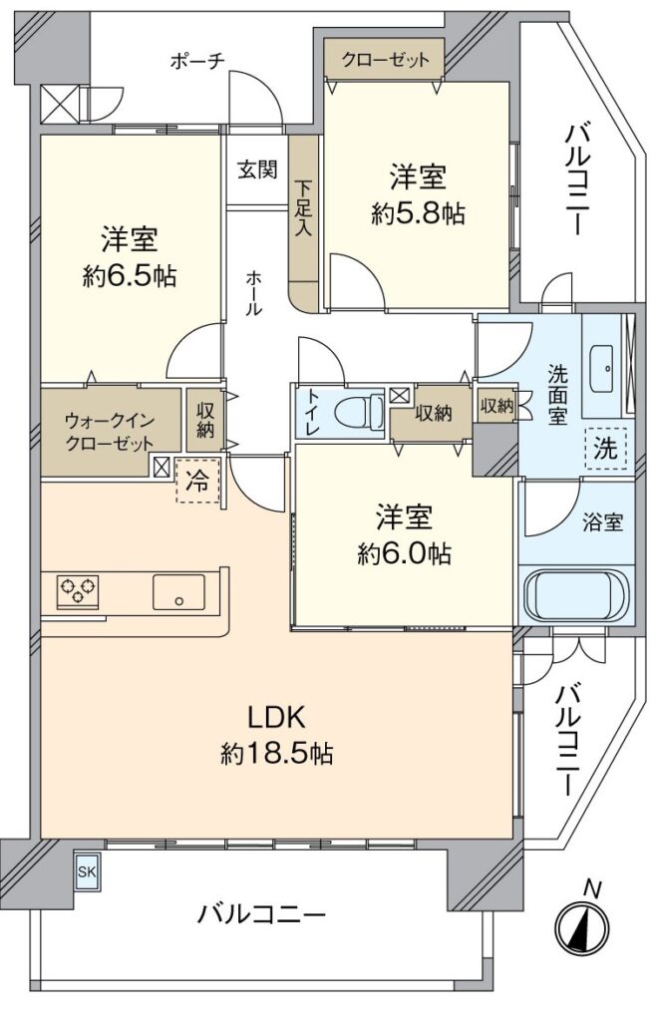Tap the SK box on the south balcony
click(88, 871)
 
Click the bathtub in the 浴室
click(577, 597)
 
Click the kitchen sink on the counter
click(178, 591)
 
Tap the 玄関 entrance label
click(256, 170)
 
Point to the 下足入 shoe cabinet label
click(303, 207)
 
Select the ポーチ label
click(197, 61)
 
